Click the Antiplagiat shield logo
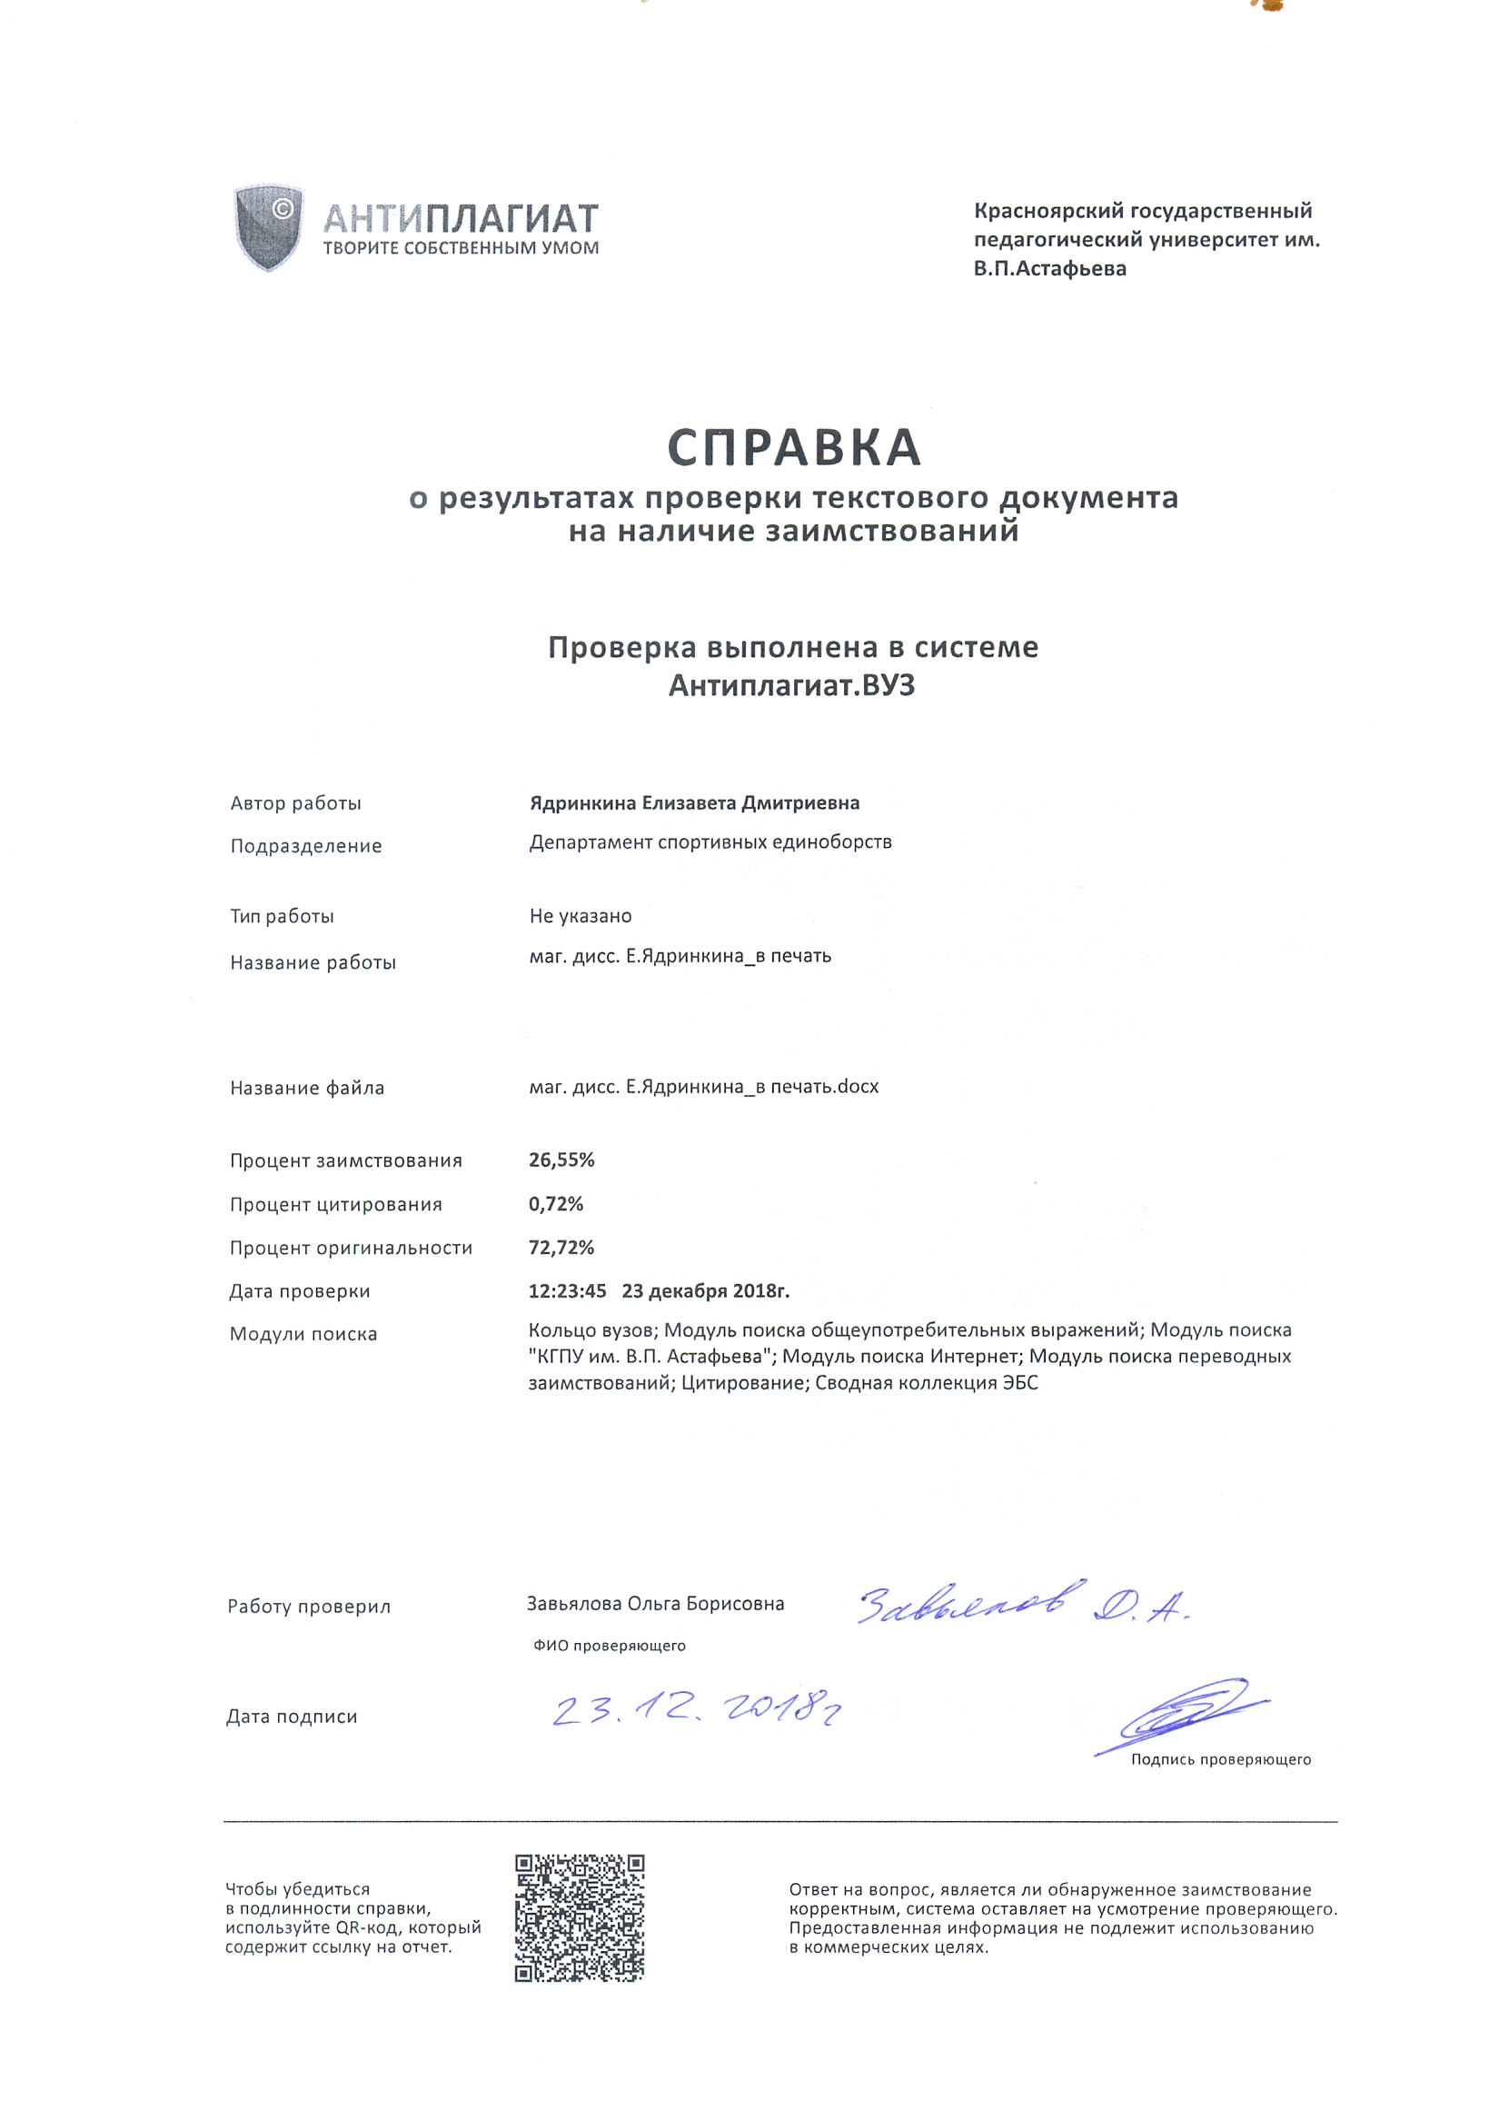click(269, 227)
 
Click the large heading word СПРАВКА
click(794, 449)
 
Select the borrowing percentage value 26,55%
click(561, 1160)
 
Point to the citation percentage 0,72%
click(556, 1204)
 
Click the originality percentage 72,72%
click(561, 1247)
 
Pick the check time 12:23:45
click(567, 1290)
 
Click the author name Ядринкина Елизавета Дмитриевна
click(694, 803)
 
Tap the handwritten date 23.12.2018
click(697, 1710)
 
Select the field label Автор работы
click(295, 803)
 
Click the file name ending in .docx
click(703, 1087)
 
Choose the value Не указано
click(581, 916)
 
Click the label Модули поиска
click(303, 1334)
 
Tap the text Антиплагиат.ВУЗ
click(792, 686)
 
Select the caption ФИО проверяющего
click(610, 1646)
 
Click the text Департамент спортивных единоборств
click(710, 841)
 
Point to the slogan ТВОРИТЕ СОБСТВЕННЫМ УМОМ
click(461, 247)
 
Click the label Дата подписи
click(292, 1717)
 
